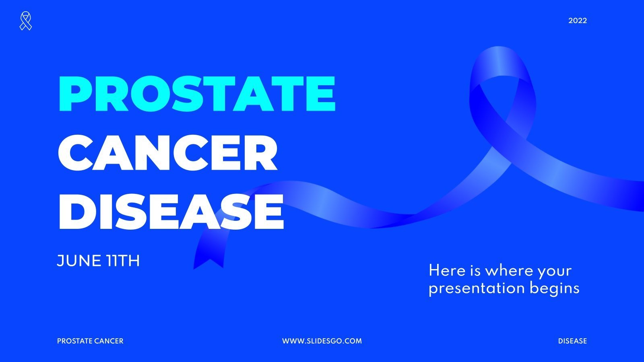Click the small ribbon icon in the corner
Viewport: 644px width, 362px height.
click(26, 21)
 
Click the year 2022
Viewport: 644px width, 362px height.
click(578, 21)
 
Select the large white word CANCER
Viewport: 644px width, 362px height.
click(168, 153)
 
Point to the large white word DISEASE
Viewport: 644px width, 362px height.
click(171, 212)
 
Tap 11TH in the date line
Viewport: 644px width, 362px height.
click(123, 261)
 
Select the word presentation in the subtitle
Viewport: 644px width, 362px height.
click(477, 288)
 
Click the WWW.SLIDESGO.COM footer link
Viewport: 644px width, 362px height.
click(322, 341)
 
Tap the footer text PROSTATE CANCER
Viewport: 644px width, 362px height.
click(90, 341)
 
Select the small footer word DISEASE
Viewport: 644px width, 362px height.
click(572, 341)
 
